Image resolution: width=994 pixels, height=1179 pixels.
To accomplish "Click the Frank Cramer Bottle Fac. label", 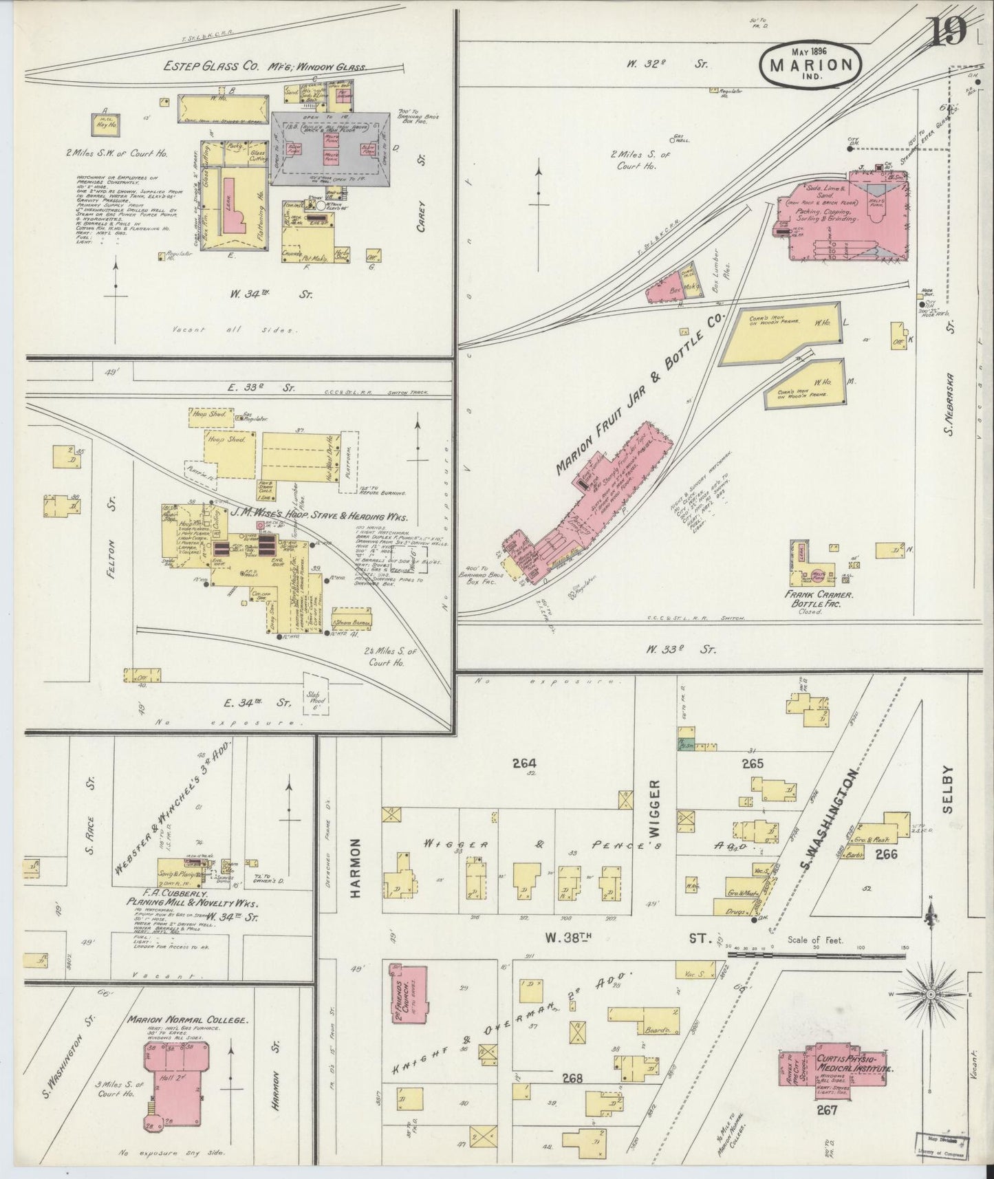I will (x=819, y=598).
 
